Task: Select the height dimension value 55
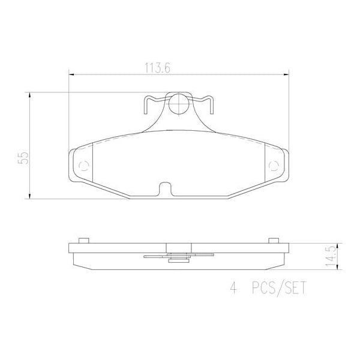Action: tap(24, 158)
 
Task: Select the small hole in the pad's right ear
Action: tap(274, 166)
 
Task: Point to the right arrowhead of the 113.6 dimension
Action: tap(286, 75)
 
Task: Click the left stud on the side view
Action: tap(84, 240)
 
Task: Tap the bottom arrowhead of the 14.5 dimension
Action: tap(339, 268)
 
